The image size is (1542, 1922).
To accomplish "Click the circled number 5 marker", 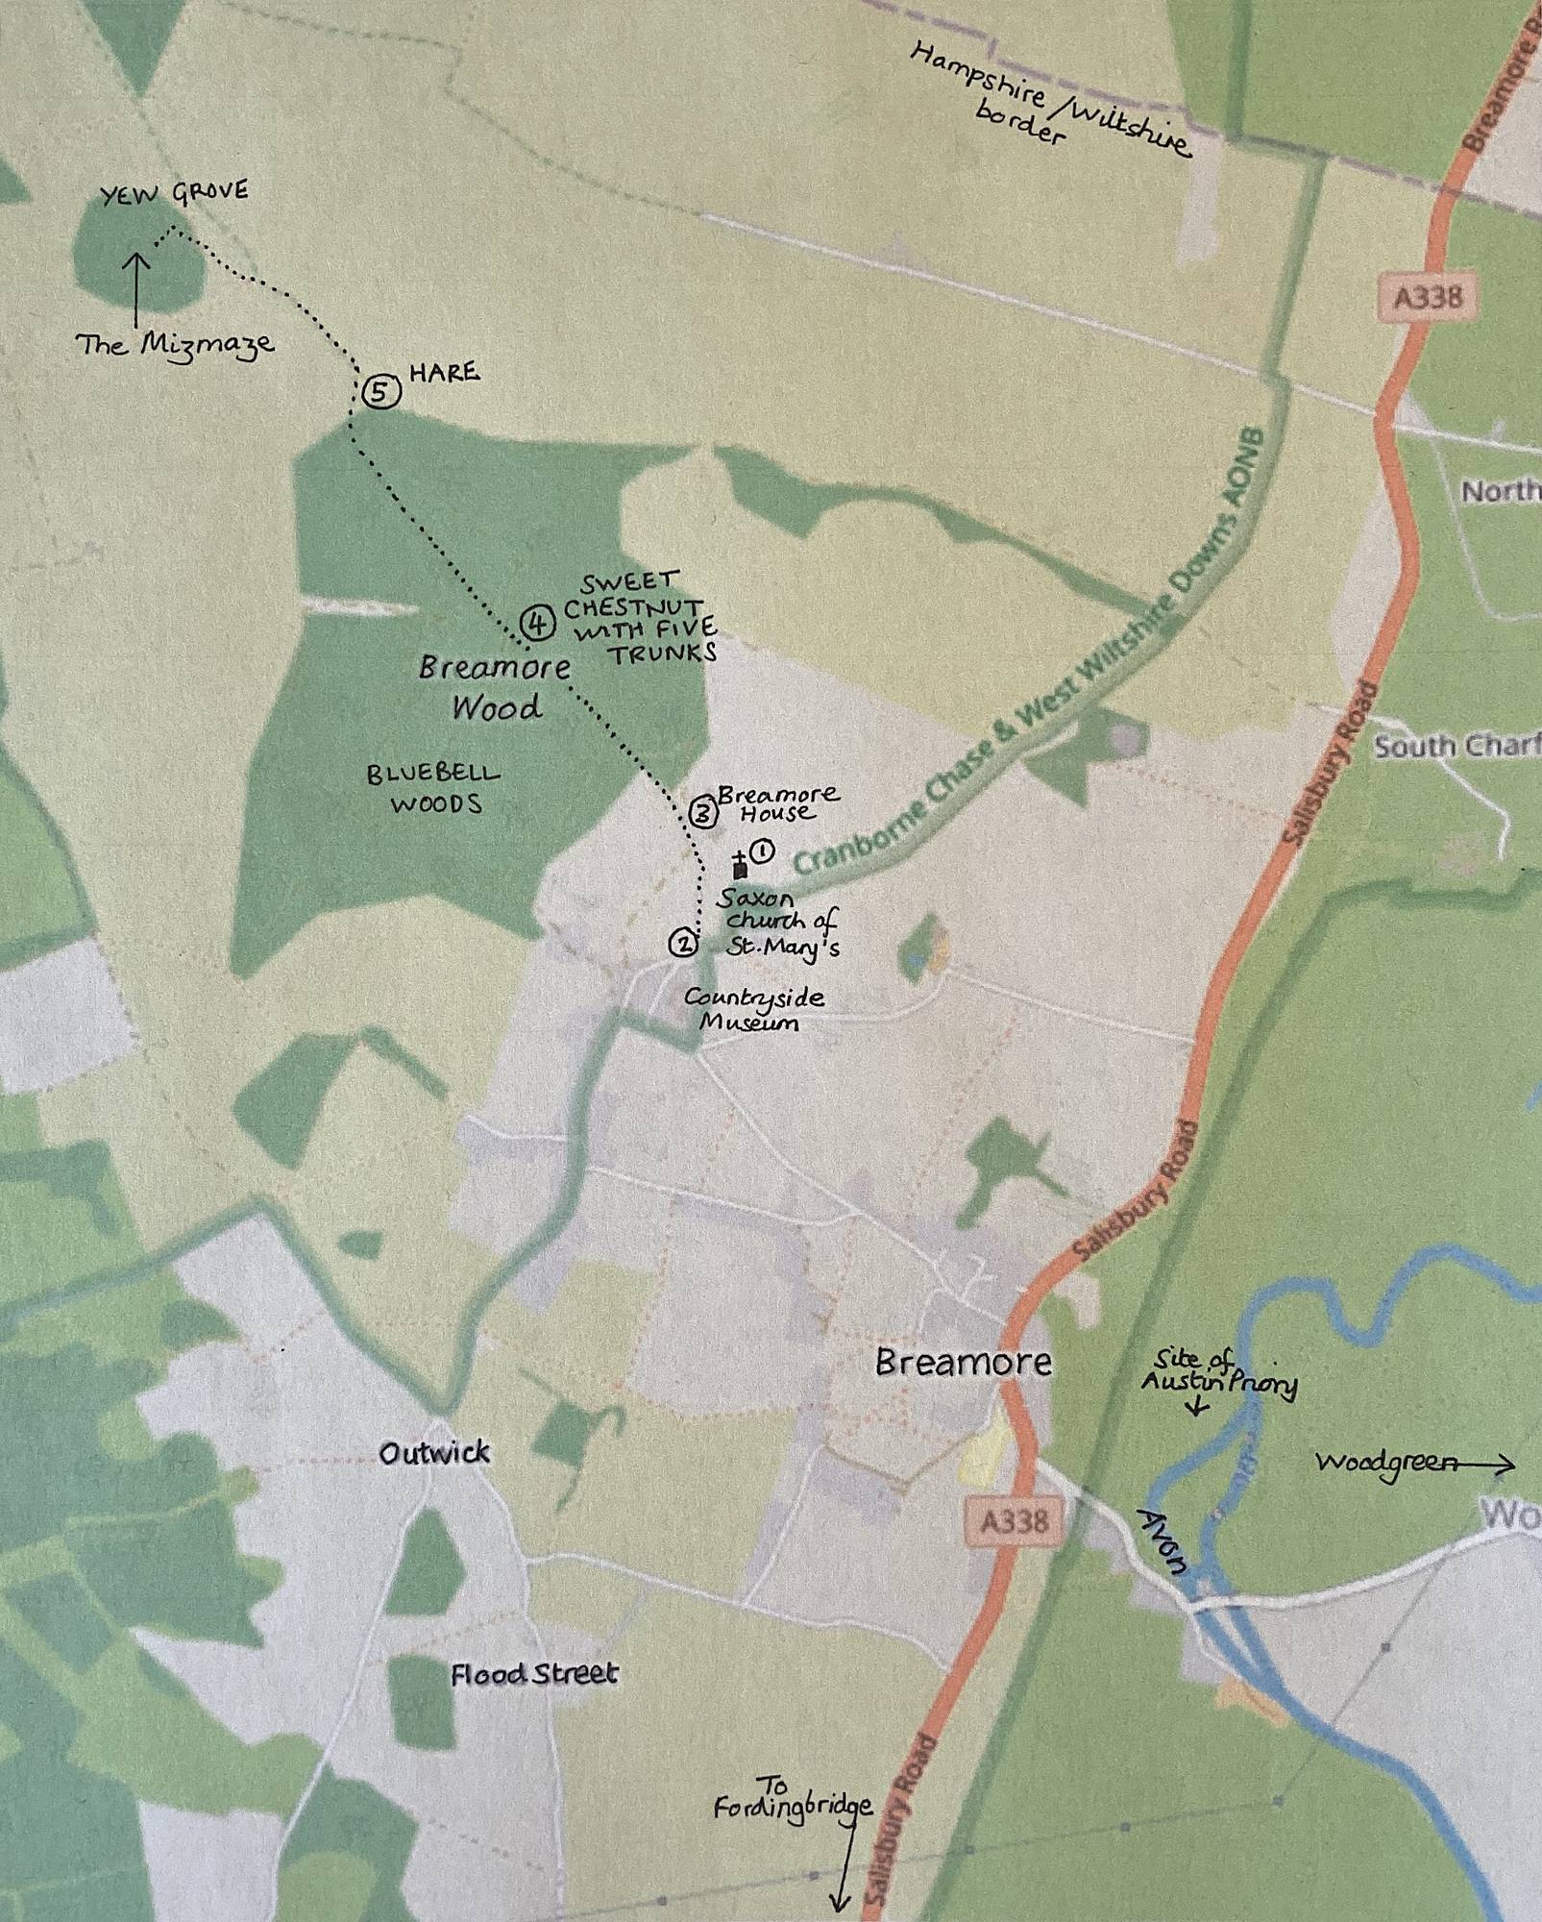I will pos(380,392).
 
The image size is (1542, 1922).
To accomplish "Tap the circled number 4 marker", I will pos(538,624).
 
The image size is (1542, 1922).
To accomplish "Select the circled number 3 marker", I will pos(702,815).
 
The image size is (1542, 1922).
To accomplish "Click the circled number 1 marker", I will pos(764,850).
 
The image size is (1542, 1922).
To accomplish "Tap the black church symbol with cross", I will pos(739,866).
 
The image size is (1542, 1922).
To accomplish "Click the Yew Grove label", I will pos(174,194).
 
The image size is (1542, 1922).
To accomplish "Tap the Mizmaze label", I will pos(175,344).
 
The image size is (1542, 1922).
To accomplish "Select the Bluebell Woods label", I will pos(433,788).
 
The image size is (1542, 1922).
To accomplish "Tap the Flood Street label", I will pos(534,1674).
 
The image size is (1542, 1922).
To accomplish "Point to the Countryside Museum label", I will pos(753,1009).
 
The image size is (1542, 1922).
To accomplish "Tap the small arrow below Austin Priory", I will pos(1196,1409).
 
